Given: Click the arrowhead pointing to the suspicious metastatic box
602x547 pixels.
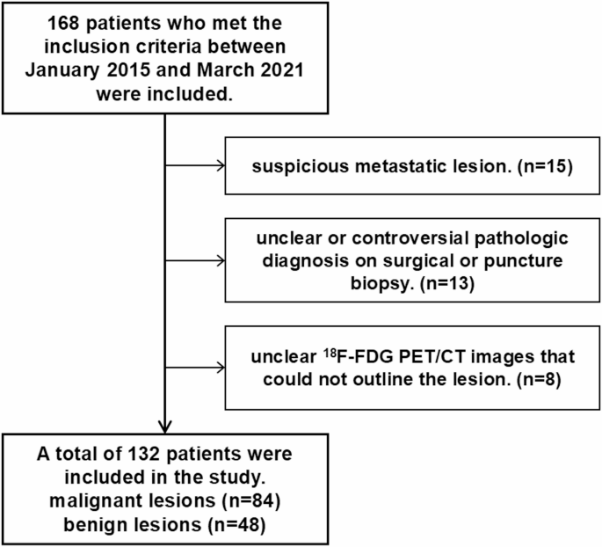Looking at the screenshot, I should click(221, 164).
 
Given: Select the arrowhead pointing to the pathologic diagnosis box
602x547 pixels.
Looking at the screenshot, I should click(221, 260).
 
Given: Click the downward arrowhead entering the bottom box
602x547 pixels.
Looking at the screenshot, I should click(165, 426).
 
